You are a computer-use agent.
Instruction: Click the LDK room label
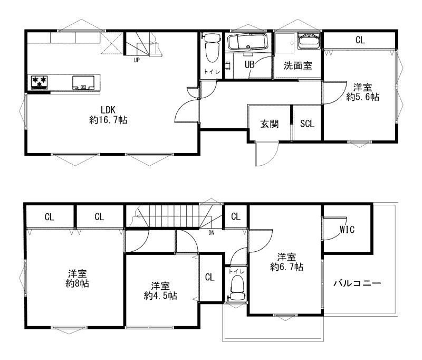coord(108,110)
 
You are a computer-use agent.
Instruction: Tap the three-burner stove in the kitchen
coord(39,82)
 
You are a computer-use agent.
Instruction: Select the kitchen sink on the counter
coord(83,83)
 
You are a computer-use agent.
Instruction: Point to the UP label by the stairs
coord(137,60)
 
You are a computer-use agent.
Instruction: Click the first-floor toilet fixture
coord(213,48)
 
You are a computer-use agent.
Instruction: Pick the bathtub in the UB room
coord(247,42)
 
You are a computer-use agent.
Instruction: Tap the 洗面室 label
coord(298,65)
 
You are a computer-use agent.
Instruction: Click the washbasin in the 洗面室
coord(310,41)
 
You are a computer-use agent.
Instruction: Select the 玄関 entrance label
coord(270,124)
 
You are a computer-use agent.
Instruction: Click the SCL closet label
coord(307,124)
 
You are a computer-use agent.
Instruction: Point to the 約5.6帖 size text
coord(362,97)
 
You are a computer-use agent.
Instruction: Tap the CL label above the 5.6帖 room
coord(360,40)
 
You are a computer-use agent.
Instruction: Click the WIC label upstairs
coord(347,230)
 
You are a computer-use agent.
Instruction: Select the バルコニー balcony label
coord(357,283)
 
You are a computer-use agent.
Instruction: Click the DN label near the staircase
coord(212,233)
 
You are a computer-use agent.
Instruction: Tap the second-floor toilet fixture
coord(237,288)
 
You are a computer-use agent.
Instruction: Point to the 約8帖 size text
coord(77,283)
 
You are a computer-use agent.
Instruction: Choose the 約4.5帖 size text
coord(160,296)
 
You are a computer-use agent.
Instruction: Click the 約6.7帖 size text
coord(286,267)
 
